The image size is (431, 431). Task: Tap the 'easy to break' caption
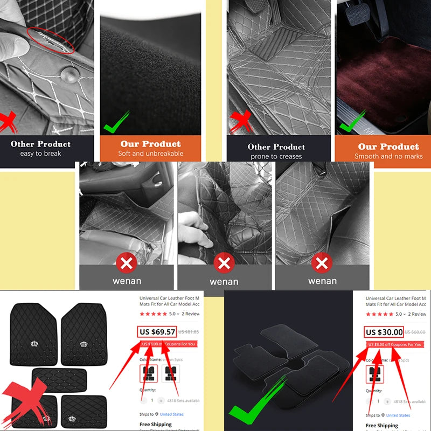click(x=40, y=154)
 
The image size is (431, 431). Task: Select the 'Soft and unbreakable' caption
click(x=150, y=154)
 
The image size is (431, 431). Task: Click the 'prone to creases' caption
click(x=276, y=156)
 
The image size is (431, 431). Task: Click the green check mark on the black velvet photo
click(x=116, y=122)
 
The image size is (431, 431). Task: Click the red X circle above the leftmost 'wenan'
click(x=127, y=263)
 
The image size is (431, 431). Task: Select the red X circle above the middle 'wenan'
click(x=224, y=263)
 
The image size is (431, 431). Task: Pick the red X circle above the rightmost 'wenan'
click(x=322, y=263)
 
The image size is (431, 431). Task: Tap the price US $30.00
click(x=384, y=332)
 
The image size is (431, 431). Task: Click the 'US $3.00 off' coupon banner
click(x=394, y=344)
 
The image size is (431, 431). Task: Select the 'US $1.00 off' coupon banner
click(x=168, y=344)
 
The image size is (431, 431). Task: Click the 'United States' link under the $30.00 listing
click(x=398, y=415)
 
